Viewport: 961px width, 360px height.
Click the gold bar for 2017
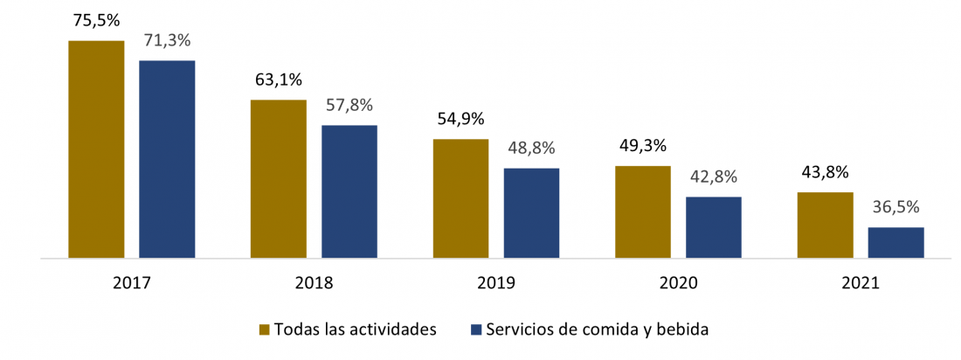point(96,149)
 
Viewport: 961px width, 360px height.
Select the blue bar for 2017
point(167,159)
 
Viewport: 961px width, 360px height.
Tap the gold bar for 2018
point(279,179)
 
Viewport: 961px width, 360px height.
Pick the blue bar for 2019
point(531,213)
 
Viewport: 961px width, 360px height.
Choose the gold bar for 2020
point(642,212)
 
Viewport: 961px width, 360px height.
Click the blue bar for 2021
point(895,243)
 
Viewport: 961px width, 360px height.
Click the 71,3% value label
point(167,40)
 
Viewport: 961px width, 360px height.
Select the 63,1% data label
point(279,80)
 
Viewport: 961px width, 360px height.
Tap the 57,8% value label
point(349,105)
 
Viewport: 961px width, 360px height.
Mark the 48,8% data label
point(531,148)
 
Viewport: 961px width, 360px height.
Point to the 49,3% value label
point(642,145)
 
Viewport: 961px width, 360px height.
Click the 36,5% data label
point(895,208)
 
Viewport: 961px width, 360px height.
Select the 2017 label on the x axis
point(131,283)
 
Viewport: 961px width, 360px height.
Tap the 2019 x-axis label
point(496,283)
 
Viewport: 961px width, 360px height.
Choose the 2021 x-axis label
point(861,283)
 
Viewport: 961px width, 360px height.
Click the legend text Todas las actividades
point(355,329)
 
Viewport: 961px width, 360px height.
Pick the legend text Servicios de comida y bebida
point(598,329)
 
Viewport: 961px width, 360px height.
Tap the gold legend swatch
point(265,330)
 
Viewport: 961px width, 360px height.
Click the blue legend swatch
point(476,330)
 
